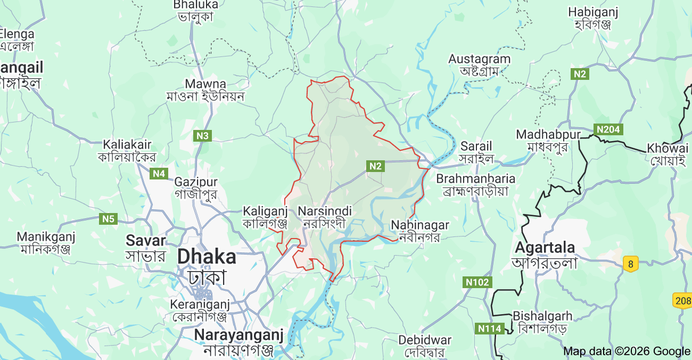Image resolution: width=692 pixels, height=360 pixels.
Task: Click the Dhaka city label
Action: coord(207,257)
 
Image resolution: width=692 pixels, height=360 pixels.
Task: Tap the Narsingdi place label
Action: coord(325,211)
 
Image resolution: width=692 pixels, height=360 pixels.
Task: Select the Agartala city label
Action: coord(545,248)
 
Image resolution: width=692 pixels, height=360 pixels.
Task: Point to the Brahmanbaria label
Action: coord(475,178)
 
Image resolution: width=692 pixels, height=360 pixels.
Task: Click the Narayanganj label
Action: coord(238,335)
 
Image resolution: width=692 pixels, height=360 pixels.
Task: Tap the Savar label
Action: coord(146,240)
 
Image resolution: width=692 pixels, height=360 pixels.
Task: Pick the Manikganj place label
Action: coord(46,236)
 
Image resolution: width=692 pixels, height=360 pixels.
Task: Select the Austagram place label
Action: coord(479,59)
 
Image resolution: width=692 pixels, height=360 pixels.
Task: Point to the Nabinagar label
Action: coord(420,225)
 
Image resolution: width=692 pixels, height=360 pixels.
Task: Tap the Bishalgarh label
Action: coord(542,316)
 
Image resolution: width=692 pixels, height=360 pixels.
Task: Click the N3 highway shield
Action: coord(202,136)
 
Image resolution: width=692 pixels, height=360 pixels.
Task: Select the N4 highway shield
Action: coord(159,173)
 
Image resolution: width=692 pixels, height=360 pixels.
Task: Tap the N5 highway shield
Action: coord(108,218)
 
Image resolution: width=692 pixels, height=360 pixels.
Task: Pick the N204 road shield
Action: coord(608,129)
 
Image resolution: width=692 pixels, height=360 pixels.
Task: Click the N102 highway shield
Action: coord(477,282)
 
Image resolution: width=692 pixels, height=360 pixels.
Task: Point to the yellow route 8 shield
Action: coord(631,263)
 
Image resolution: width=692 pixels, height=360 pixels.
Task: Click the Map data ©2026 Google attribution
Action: coord(627,351)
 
